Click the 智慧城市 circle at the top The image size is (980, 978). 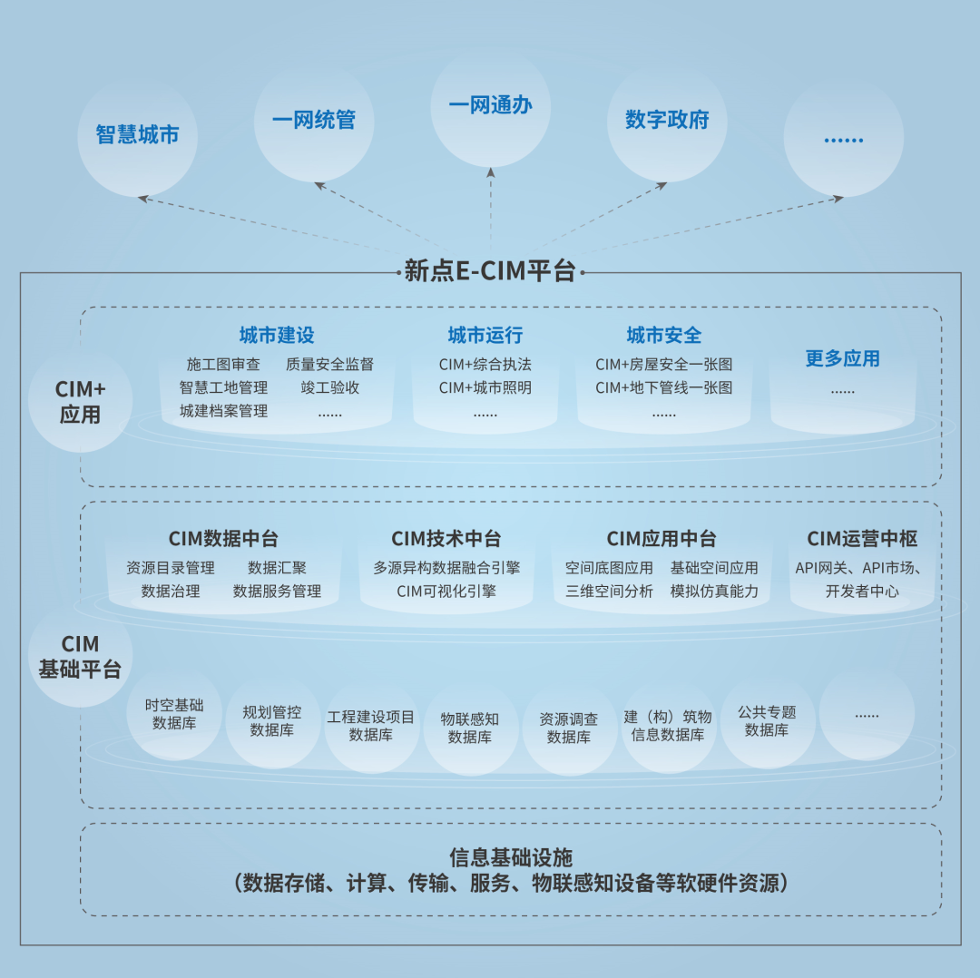tap(137, 136)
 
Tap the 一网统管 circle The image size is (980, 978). tap(314, 120)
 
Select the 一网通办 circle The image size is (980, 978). tap(490, 106)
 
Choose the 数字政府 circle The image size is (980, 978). tap(667, 120)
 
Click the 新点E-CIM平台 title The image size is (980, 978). tap(490, 271)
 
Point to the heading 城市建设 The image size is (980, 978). tap(277, 336)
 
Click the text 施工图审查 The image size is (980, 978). tap(223, 365)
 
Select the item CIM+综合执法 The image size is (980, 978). tap(485, 365)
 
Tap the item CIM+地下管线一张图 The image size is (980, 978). tap(663, 388)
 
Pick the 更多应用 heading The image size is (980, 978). tap(842, 358)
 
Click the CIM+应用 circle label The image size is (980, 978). tap(81, 402)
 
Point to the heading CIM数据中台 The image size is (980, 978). tap(223, 539)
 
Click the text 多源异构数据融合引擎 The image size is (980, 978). tap(446, 568)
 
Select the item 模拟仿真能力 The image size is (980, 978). tap(714, 592)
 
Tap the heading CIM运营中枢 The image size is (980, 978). tap(862, 539)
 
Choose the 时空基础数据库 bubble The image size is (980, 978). tap(174, 714)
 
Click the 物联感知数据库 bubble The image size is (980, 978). tap(470, 728)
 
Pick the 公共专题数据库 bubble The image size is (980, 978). tap(767, 721)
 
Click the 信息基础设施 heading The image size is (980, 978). tap(511, 857)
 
